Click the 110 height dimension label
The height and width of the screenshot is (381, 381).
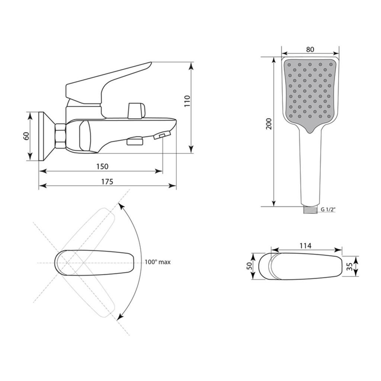[x=187, y=101]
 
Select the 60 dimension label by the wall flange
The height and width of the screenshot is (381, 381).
[x=26, y=135]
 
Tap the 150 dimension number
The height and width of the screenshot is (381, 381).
[x=102, y=166]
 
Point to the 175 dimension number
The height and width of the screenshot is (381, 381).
[x=107, y=182]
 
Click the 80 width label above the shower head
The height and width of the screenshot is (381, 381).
[x=310, y=49]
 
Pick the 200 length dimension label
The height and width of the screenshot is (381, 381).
[x=269, y=124]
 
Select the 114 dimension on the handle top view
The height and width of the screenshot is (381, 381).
[x=305, y=246]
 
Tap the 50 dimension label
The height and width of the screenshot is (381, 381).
[x=250, y=266]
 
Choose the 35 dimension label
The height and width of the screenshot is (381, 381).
[x=349, y=266]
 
